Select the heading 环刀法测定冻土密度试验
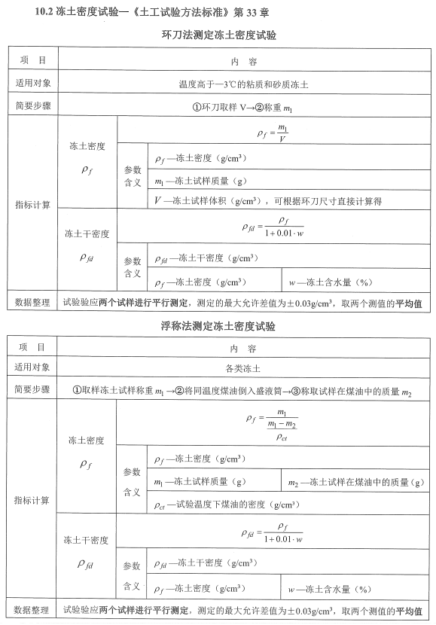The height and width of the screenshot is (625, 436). [218, 35]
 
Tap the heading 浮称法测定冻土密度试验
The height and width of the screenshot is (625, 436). [218, 327]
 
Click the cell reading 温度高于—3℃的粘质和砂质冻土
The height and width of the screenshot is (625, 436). [243, 84]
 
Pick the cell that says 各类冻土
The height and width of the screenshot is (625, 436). [243, 368]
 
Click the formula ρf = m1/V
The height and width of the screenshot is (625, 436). [273, 133]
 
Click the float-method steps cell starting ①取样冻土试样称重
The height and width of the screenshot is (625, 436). [243, 390]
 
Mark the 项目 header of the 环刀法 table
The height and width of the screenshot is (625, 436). [32, 59]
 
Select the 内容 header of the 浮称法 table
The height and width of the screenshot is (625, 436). [243, 348]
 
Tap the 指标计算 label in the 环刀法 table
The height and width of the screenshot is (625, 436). [32, 205]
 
